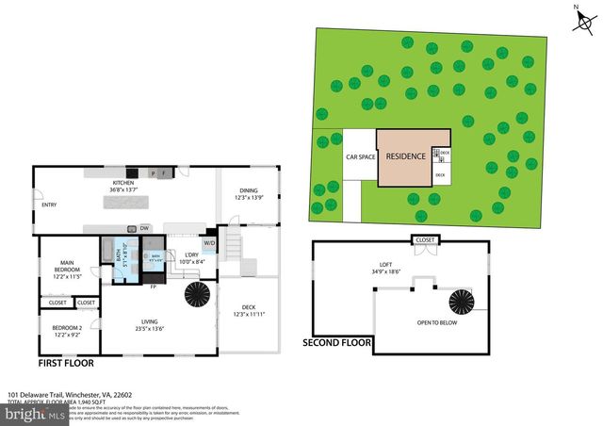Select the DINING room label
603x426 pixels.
(x=248, y=191)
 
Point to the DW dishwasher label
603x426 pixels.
(x=144, y=228)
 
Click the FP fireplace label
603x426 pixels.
(x=153, y=286)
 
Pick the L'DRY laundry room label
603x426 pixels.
(x=190, y=254)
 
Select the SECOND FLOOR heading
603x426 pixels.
(x=335, y=342)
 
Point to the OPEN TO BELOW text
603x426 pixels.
(x=436, y=322)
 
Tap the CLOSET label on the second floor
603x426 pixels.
(x=425, y=240)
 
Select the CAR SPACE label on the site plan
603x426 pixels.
(x=360, y=157)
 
